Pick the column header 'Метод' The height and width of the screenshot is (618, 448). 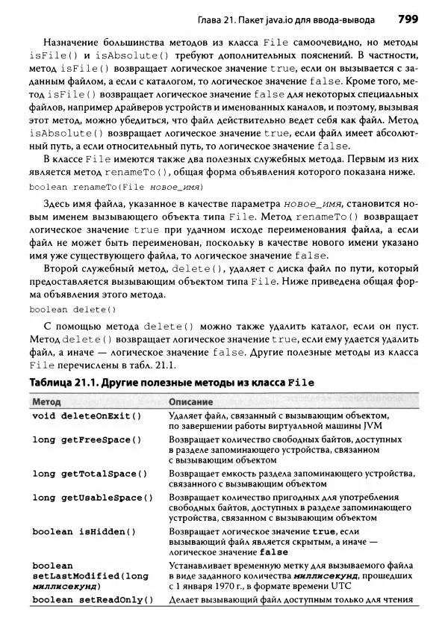(48, 401)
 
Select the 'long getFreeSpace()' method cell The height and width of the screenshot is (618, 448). (87, 440)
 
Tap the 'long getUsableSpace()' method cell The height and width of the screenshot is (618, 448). (92, 498)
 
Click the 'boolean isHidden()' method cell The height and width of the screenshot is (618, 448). (84, 531)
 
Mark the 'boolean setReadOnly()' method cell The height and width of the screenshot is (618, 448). (89, 600)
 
